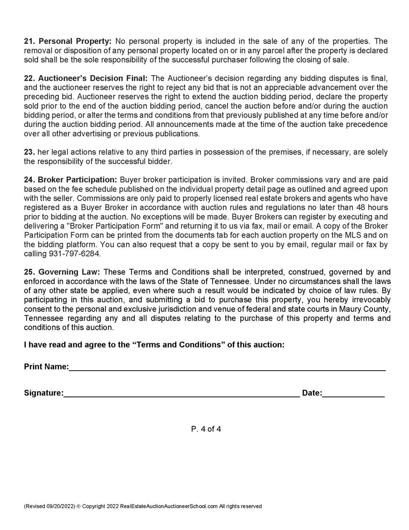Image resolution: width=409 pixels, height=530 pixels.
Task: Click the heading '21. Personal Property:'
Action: pyautogui.click(x=68, y=41)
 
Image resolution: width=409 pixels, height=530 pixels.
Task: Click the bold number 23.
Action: pyautogui.click(x=28, y=152)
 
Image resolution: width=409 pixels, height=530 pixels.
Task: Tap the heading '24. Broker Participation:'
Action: pyautogui.click(x=70, y=180)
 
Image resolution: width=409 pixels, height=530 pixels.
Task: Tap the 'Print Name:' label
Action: pyautogui.click(x=46, y=367)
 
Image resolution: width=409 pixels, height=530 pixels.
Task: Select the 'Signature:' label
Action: pyautogui.click(x=43, y=393)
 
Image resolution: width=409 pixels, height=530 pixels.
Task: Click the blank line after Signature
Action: pyautogui.click(x=181, y=395)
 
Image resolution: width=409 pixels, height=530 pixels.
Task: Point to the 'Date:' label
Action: pyautogui.click(x=312, y=393)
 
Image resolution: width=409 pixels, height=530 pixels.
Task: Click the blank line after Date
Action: pyautogui.click(x=353, y=395)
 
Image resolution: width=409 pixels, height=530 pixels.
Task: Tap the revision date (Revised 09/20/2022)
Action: pyautogui.click(x=49, y=506)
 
